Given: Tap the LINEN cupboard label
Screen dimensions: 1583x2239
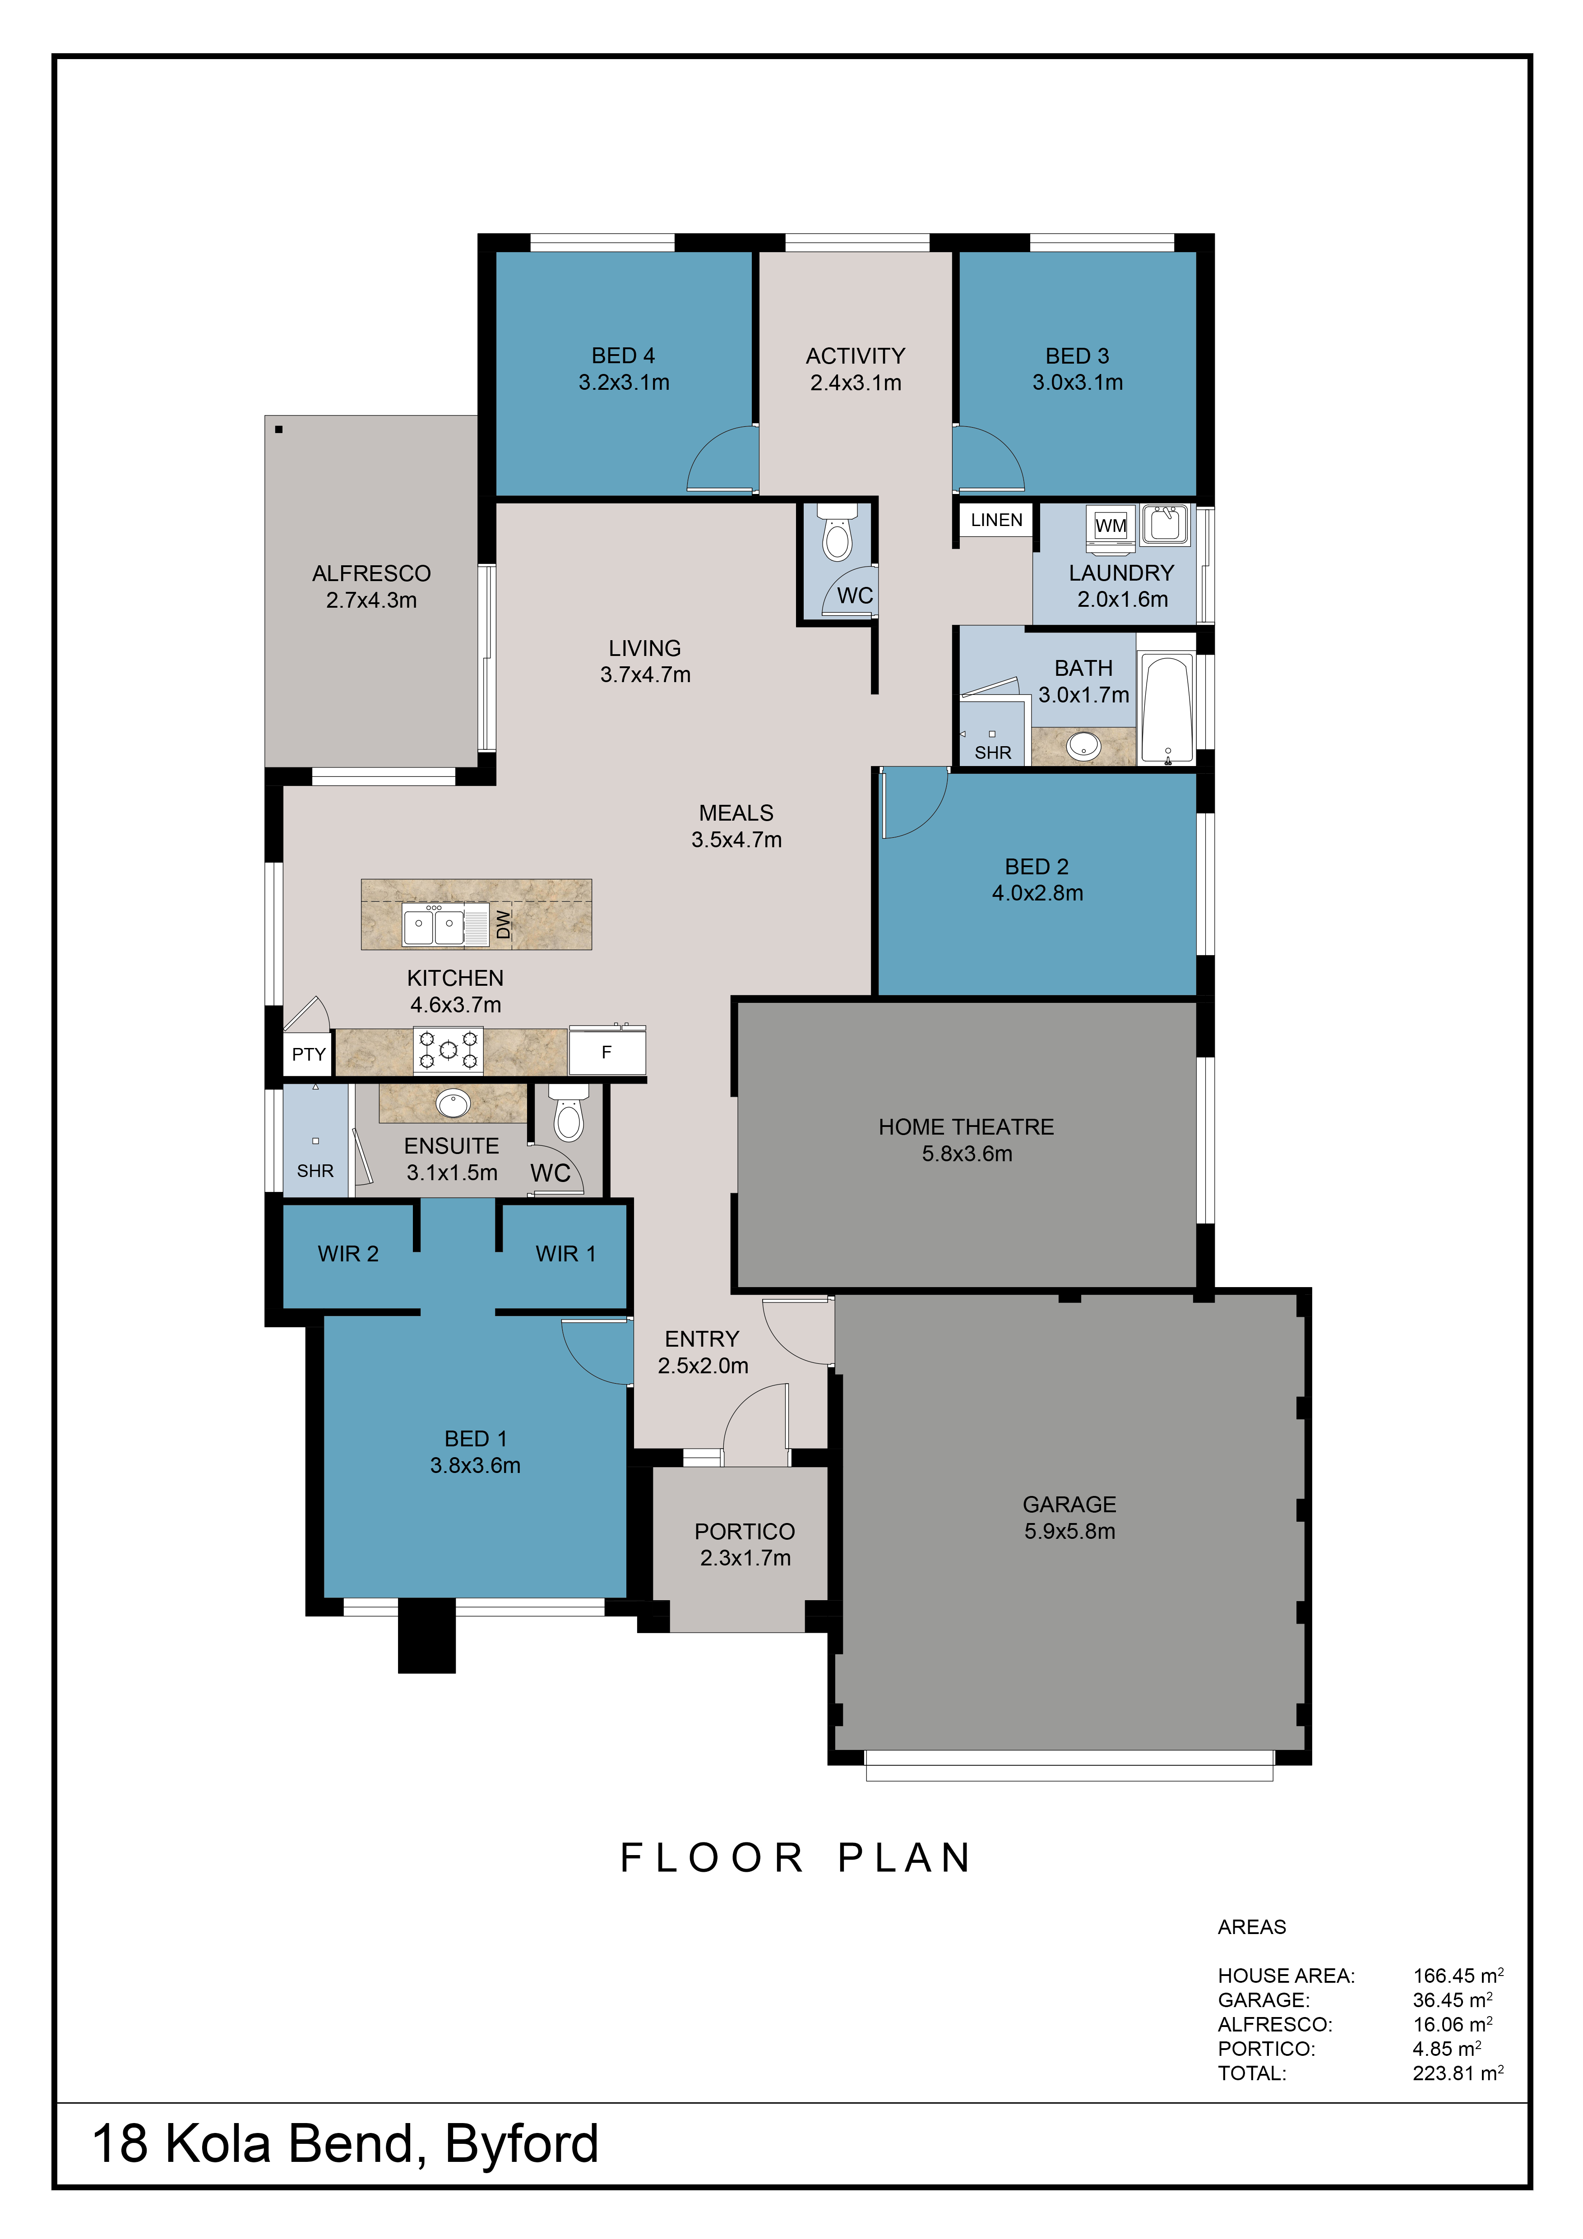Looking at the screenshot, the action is click(996, 520).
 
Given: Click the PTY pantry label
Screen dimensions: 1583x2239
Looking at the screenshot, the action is click(308, 1054).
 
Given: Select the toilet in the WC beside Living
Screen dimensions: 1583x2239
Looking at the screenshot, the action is click(837, 531).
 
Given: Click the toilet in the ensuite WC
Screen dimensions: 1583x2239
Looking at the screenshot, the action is click(569, 1113).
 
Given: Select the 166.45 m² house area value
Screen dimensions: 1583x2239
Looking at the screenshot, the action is click(1458, 1976).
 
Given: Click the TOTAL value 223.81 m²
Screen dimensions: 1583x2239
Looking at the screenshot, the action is click(1458, 2073).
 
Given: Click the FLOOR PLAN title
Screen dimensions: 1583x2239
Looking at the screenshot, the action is click(796, 1858).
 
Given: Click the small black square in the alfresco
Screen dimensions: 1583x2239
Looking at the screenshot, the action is click(279, 429).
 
